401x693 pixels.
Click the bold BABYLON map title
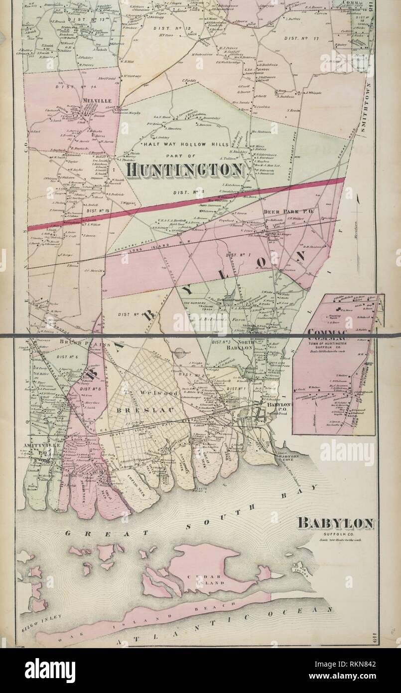coord(335,523)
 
